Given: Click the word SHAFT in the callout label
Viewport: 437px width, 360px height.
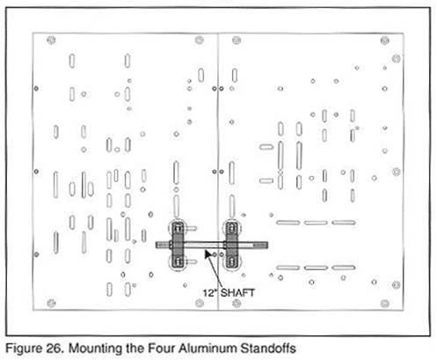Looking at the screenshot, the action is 237,292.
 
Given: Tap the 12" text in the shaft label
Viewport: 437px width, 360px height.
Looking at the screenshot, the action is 210,292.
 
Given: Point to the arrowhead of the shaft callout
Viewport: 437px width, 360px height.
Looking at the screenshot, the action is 208,253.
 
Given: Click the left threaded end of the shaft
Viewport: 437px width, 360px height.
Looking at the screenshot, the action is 162,245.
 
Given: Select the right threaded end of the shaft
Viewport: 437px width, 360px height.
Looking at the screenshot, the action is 260,245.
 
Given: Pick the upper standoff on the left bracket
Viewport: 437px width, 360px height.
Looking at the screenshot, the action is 178,227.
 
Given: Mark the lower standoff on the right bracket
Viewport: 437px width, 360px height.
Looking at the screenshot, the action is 232,261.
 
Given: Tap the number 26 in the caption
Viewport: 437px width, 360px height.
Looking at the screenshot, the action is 55,349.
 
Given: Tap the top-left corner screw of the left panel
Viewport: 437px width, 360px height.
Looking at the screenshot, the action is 51,40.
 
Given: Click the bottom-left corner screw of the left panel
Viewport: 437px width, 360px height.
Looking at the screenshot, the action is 51,303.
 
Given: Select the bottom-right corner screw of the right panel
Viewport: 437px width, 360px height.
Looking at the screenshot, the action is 385,304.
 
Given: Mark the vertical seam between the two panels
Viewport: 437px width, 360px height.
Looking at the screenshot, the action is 218,172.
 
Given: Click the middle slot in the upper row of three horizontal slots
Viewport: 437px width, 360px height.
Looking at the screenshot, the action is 316,223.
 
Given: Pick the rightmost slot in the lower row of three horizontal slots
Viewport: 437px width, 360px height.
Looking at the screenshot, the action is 344,268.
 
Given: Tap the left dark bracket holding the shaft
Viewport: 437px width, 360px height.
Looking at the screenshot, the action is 178,245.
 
